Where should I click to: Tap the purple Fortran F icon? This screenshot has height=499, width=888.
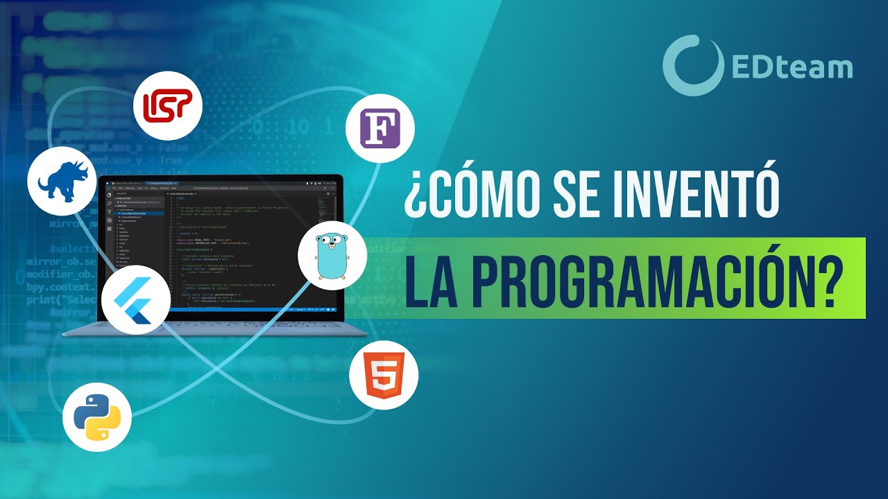tap(380, 128)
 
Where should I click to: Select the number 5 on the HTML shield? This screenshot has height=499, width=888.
tap(384, 378)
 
